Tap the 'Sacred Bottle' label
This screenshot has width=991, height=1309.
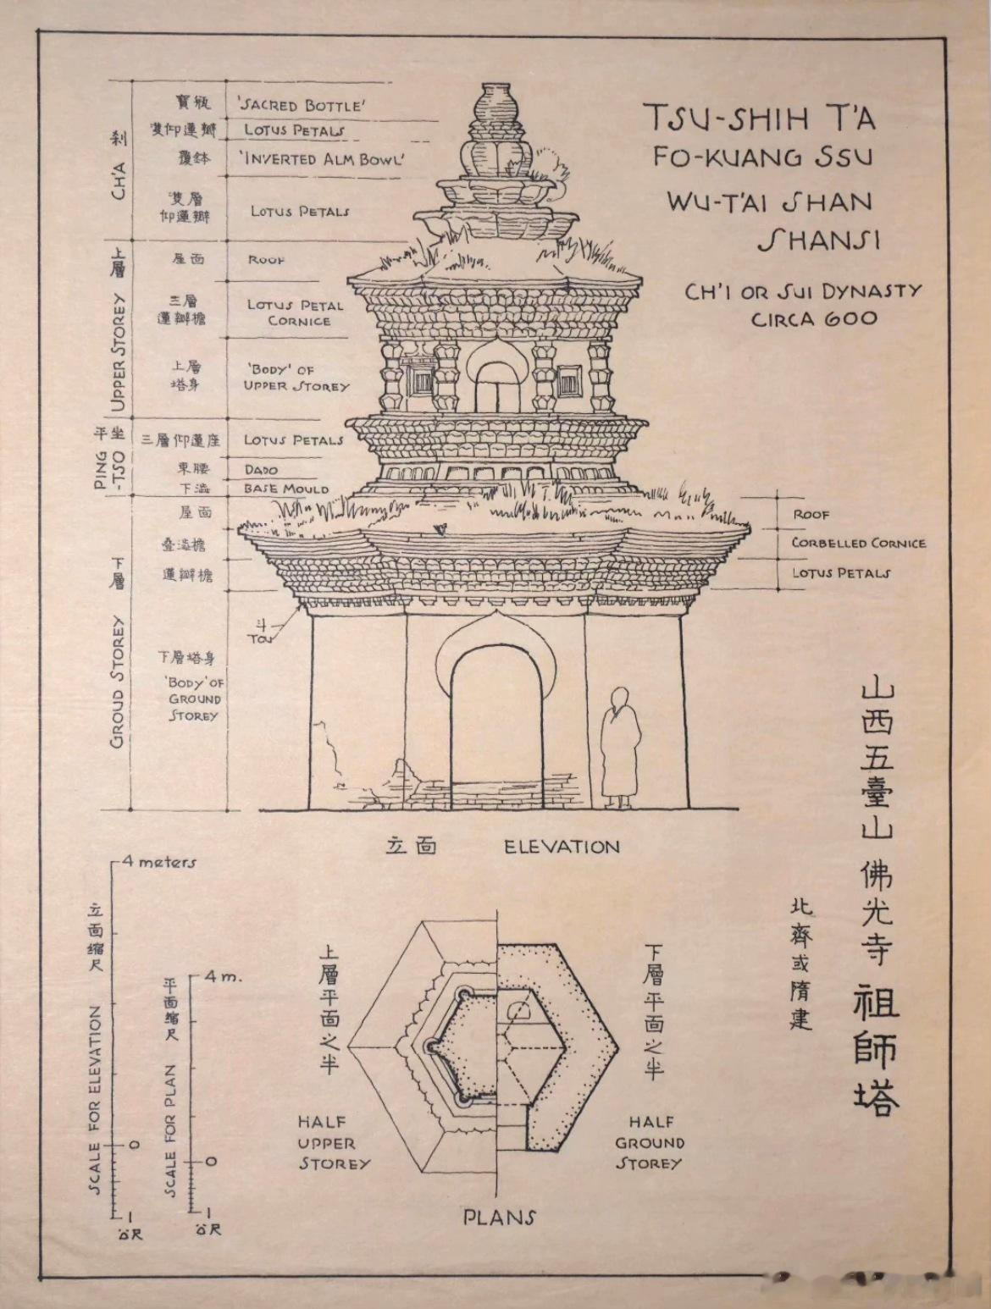[x=302, y=105]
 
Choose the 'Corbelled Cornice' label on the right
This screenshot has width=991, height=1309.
[x=858, y=544]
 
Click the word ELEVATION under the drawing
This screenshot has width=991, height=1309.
[x=562, y=847]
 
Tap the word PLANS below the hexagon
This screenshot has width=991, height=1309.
[x=499, y=1218]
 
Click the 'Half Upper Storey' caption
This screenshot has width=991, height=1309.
[x=333, y=1143]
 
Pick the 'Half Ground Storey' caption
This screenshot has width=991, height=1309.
[x=650, y=1143]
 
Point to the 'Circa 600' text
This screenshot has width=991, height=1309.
[x=814, y=319]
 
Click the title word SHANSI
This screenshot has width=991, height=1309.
[x=818, y=241]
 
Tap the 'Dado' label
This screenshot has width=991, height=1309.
[x=261, y=469]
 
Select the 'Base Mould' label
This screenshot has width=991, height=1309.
[x=285, y=489]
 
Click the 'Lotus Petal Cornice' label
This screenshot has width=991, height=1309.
[x=296, y=312]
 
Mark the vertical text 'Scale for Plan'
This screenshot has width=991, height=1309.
[x=170, y=1130]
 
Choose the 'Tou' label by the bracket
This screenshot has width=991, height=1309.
[x=260, y=638]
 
